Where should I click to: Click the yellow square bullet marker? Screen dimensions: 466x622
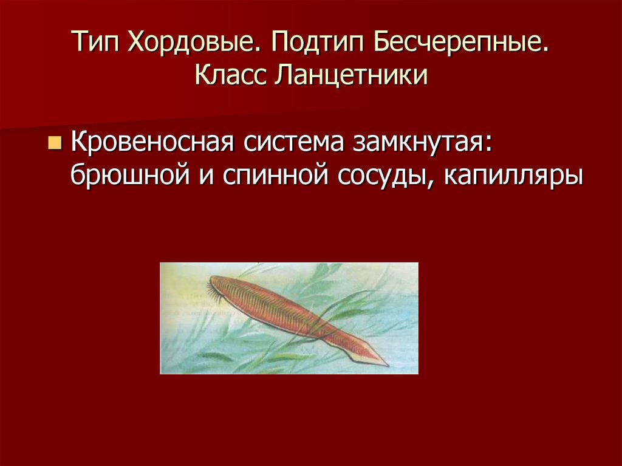click(x=55, y=144)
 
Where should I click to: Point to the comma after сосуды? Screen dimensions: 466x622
click(x=436, y=182)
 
